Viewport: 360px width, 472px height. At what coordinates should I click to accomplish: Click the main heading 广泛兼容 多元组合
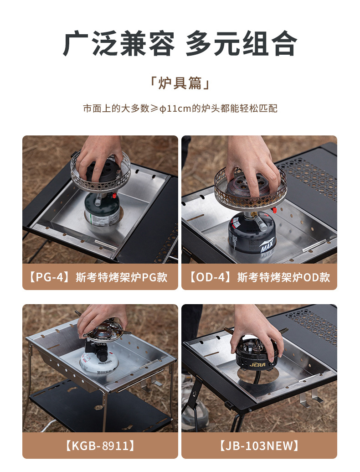[180, 44]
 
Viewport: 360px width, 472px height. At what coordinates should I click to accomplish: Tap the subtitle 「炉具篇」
[180, 83]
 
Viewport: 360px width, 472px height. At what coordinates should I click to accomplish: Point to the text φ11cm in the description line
[175, 109]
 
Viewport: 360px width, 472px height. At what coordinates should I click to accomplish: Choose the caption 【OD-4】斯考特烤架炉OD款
[259, 277]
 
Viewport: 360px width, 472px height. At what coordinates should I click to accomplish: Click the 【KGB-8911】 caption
[100, 446]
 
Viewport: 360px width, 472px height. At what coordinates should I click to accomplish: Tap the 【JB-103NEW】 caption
[259, 446]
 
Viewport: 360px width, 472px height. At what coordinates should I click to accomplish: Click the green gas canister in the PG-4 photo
[102, 210]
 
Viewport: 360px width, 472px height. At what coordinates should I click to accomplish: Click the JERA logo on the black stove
[257, 364]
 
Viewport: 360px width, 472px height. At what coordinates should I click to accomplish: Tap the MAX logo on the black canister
[267, 245]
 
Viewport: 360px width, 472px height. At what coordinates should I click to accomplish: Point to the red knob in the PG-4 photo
[114, 196]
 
